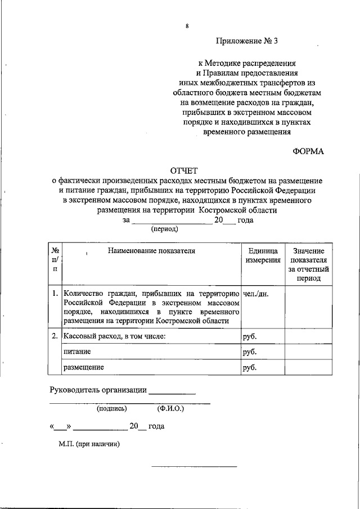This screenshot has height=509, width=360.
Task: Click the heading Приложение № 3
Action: pyautogui.click(x=247, y=41)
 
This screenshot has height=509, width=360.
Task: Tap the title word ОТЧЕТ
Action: pyautogui.click(x=187, y=171)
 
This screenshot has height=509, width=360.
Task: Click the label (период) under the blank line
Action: pyautogui.click(x=164, y=229)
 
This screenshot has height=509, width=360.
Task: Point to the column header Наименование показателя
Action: pyautogui.click(x=151, y=251)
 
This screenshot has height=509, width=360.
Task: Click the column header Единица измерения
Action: pyautogui.click(x=262, y=255)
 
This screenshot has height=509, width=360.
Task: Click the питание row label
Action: pyautogui.click(x=78, y=352)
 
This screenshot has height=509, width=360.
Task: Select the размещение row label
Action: pyautogui.click(x=83, y=368)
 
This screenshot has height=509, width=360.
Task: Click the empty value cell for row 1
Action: pyautogui.click(x=309, y=307)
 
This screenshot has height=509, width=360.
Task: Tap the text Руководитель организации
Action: pyautogui.click(x=98, y=390)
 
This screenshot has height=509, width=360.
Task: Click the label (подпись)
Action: pyautogui.click(x=111, y=409)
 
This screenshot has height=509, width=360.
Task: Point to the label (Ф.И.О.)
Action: pyautogui.click(x=171, y=409)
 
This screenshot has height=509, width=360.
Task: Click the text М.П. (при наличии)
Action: pyautogui.click(x=89, y=444)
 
